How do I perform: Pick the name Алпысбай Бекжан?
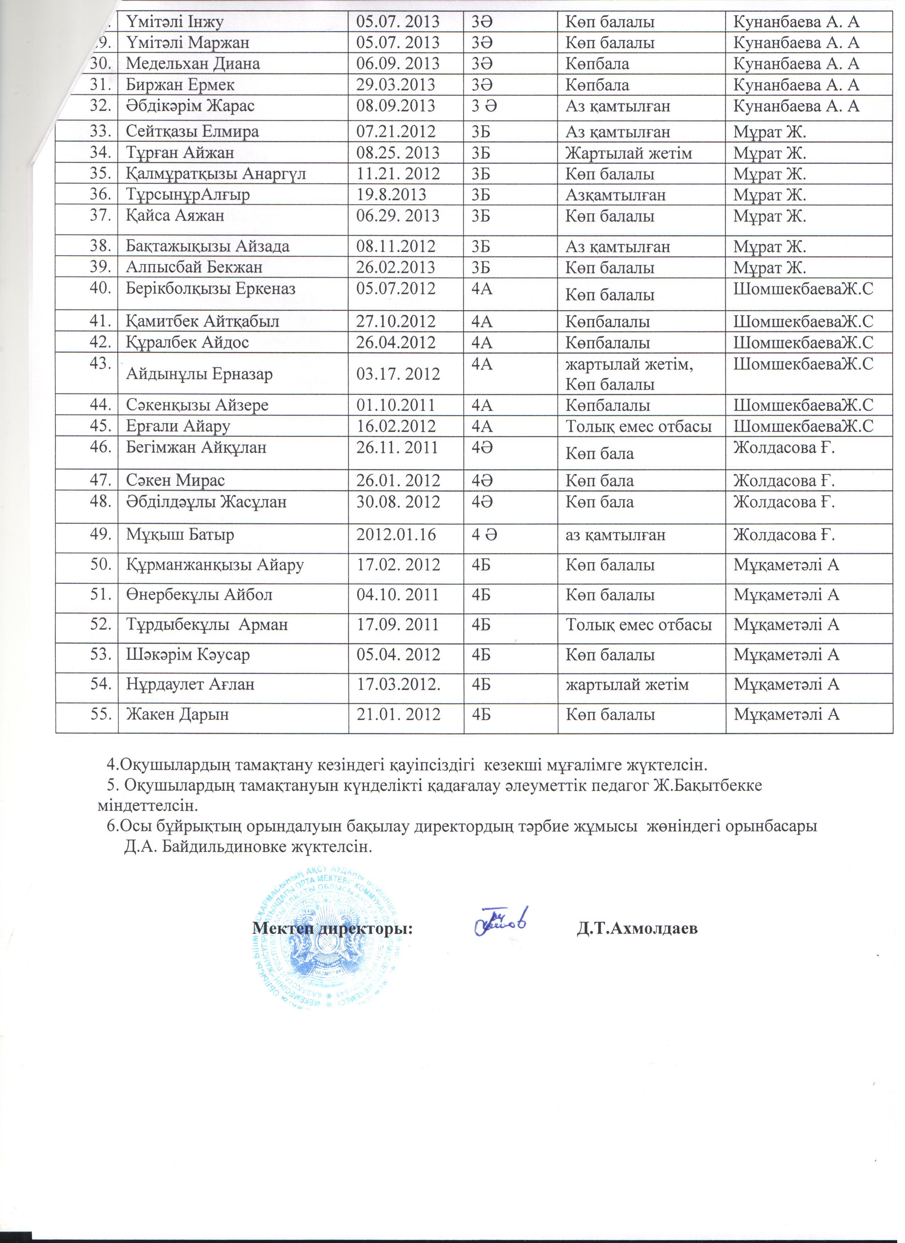pyautogui.click(x=194, y=267)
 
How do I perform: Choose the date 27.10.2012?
pyautogui.click(x=395, y=321)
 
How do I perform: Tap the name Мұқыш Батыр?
pyautogui.click(x=180, y=534)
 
